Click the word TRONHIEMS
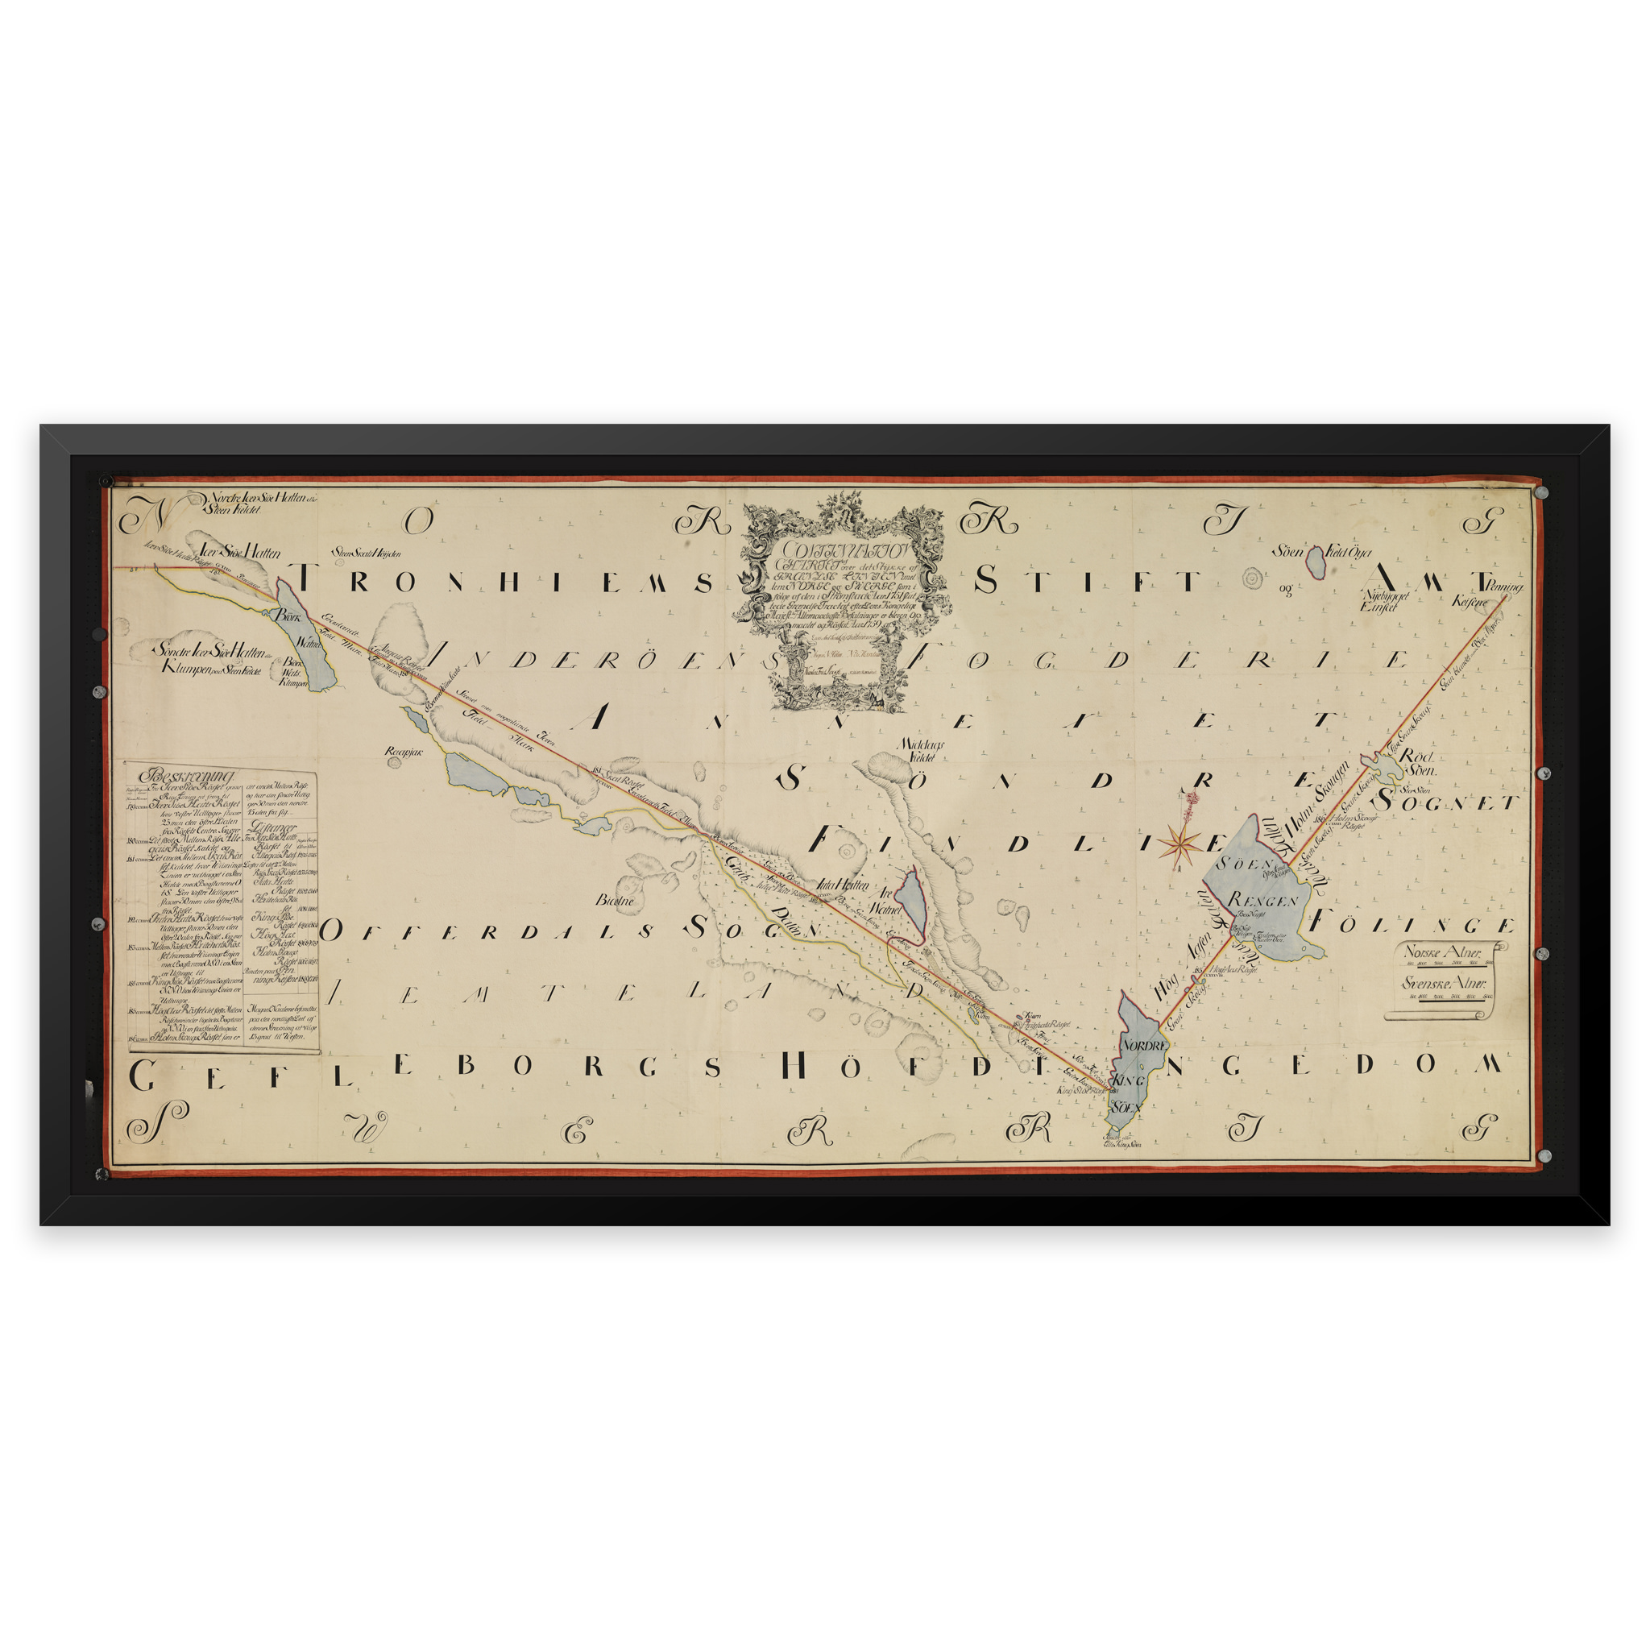coord(504,582)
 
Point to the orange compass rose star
coord(1178,844)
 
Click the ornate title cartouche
coord(841,601)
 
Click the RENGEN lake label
coord(1263,899)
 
